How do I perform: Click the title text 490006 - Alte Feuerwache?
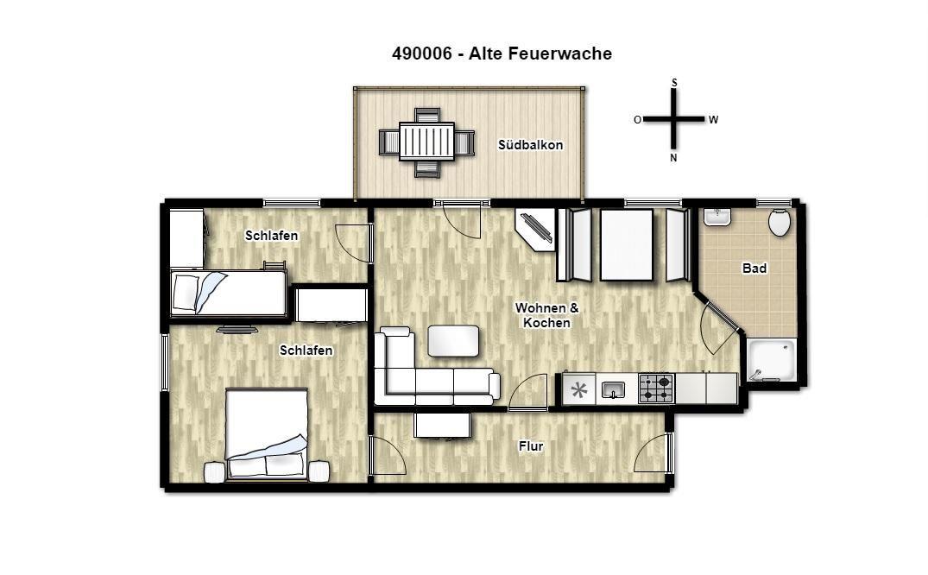[502, 54]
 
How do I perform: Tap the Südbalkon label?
[530, 145]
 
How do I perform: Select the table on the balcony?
[426, 141]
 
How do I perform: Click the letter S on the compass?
[674, 83]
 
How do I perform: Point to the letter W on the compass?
[713, 120]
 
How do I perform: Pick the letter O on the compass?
[637, 120]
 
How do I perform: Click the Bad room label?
[754, 269]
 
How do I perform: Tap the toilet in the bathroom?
[780, 222]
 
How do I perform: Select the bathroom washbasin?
[717, 217]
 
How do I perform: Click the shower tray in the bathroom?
[771, 360]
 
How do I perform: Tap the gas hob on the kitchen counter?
[656, 389]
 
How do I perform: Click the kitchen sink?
[613, 389]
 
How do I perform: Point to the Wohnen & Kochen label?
[546, 316]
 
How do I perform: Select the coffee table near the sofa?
[453, 341]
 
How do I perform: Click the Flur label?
[531, 446]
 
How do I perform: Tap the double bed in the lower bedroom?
[267, 433]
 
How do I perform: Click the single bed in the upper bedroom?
[229, 294]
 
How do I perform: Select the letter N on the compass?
[673, 158]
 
